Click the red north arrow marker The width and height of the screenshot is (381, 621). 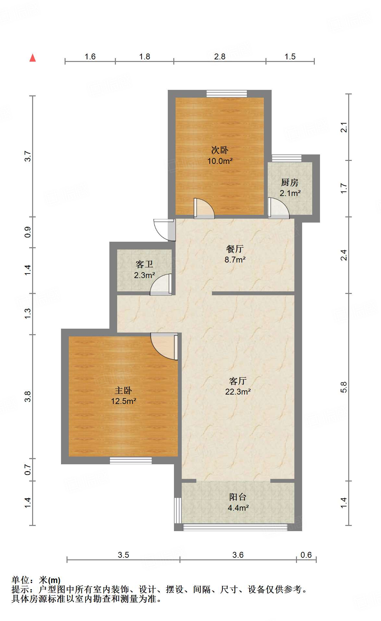[x=32, y=58]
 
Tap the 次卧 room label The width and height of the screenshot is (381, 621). [x=220, y=150]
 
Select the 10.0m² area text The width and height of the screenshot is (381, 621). [x=220, y=161]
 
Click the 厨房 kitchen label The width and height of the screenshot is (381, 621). [x=290, y=182]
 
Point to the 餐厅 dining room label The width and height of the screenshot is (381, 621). [x=235, y=249]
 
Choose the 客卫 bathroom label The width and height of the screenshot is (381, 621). [x=144, y=264]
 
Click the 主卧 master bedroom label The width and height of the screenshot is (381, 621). [x=123, y=390]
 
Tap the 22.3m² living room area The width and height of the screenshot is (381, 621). [x=238, y=392]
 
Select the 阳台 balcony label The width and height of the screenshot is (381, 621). [x=238, y=497]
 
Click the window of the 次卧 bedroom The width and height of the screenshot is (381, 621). [x=227, y=94]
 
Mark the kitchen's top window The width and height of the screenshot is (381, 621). [x=287, y=158]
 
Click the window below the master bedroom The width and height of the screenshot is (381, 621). [x=131, y=460]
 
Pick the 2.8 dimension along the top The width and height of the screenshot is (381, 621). [x=220, y=57]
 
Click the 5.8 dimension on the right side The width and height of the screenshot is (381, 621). [x=344, y=387]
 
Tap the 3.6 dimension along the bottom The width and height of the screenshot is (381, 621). [x=238, y=555]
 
